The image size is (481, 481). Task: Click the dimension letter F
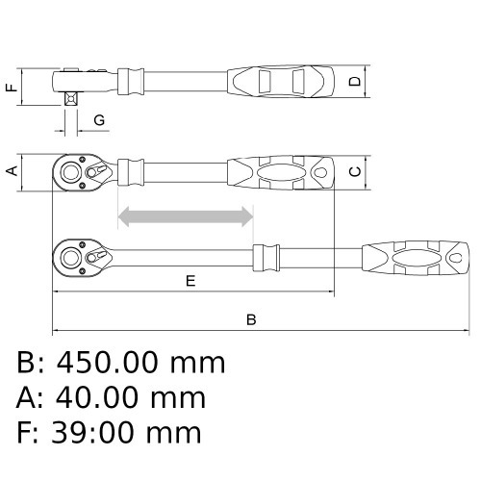[x=12, y=87]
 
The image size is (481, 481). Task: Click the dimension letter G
[x=99, y=120]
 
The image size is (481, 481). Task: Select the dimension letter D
[x=355, y=82]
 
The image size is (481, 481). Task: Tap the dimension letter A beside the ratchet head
[x=12, y=170]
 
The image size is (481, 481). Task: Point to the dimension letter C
[x=355, y=172]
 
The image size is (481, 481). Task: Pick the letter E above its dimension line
[x=190, y=281]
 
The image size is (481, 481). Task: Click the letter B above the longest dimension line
[x=251, y=319]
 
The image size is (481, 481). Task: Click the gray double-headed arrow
[x=186, y=216]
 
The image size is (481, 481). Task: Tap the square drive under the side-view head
[x=71, y=98]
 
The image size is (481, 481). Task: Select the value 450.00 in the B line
[x=108, y=363]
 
